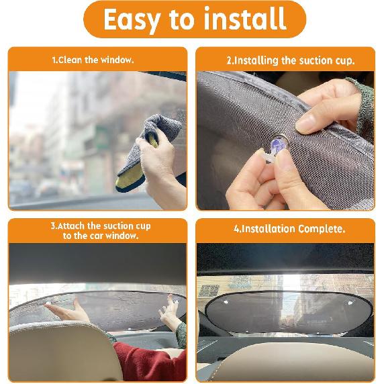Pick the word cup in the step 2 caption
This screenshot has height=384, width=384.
344,61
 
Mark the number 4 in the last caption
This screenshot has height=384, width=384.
236,229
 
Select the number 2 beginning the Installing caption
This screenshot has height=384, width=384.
229,61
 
